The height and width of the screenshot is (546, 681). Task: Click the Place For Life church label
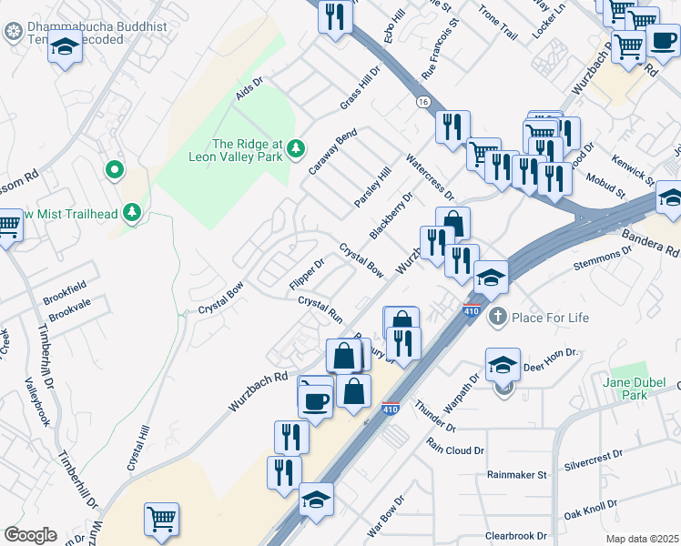(x=550, y=318)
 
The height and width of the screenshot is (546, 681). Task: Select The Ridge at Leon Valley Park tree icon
(x=296, y=149)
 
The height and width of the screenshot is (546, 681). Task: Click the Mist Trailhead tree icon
(x=133, y=213)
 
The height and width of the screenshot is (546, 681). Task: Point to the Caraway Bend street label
(x=331, y=152)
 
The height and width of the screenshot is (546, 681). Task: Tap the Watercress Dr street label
(x=430, y=177)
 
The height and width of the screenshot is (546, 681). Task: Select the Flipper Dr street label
(x=306, y=276)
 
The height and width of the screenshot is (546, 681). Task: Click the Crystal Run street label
(x=320, y=310)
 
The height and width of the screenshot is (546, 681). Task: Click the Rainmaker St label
(x=516, y=474)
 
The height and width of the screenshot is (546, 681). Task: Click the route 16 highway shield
(x=423, y=102)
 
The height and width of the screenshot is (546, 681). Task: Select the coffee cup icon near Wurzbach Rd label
(x=316, y=399)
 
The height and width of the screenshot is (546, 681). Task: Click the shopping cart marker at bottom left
(x=161, y=519)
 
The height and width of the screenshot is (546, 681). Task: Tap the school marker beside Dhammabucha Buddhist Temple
(x=65, y=47)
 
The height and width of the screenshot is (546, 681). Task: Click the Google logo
(x=30, y=535)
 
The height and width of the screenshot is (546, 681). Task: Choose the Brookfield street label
(x=64, y=298)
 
